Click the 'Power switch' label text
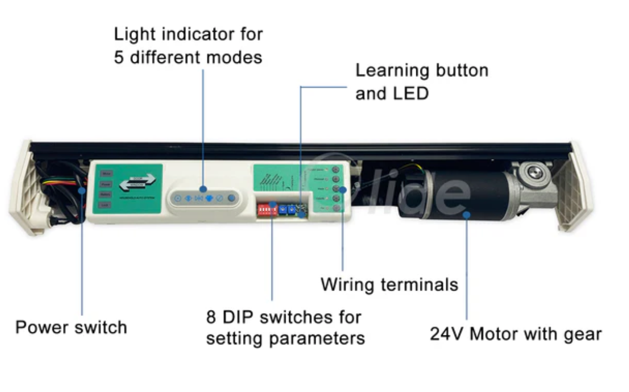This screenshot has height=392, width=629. (71, 327)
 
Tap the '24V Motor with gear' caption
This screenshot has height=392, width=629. (516, 334)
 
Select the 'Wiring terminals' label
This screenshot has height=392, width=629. (389, 285)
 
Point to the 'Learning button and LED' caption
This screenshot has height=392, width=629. (421, 82)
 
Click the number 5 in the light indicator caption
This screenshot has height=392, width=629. (119, 57)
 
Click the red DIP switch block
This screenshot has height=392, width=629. (266, 209)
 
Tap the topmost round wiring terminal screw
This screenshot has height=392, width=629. (335, 170)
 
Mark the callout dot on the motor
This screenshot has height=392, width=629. (466, 214)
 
